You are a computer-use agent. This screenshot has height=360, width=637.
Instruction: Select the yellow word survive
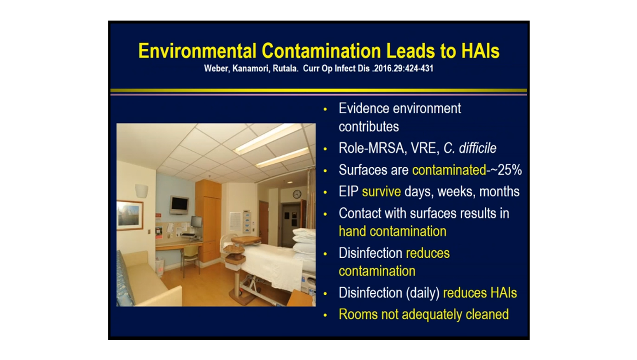click(x=381, y=191)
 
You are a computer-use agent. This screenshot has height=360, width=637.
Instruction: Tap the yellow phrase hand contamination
click(x=392, y=231)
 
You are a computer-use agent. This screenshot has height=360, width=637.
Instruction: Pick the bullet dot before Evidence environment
click(x=325, y=109)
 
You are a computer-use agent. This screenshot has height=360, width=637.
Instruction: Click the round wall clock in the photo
click(x=297, y=194)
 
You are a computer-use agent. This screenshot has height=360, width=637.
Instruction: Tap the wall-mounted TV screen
click(x=179, y=205)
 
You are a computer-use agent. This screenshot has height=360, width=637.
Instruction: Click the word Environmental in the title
click(x=197, y=51)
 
